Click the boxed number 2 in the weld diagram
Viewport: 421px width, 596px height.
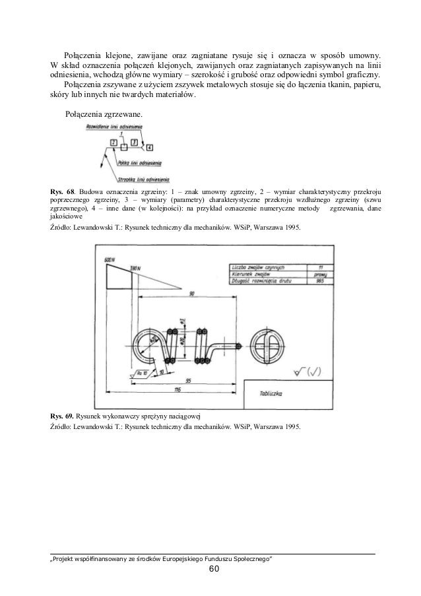(x=114, y=143)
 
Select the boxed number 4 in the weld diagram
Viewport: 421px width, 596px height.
(x=150, y=147)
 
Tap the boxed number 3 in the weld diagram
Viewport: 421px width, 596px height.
(x=134, y=143)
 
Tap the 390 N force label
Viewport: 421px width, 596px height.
(x=136, y=269)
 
